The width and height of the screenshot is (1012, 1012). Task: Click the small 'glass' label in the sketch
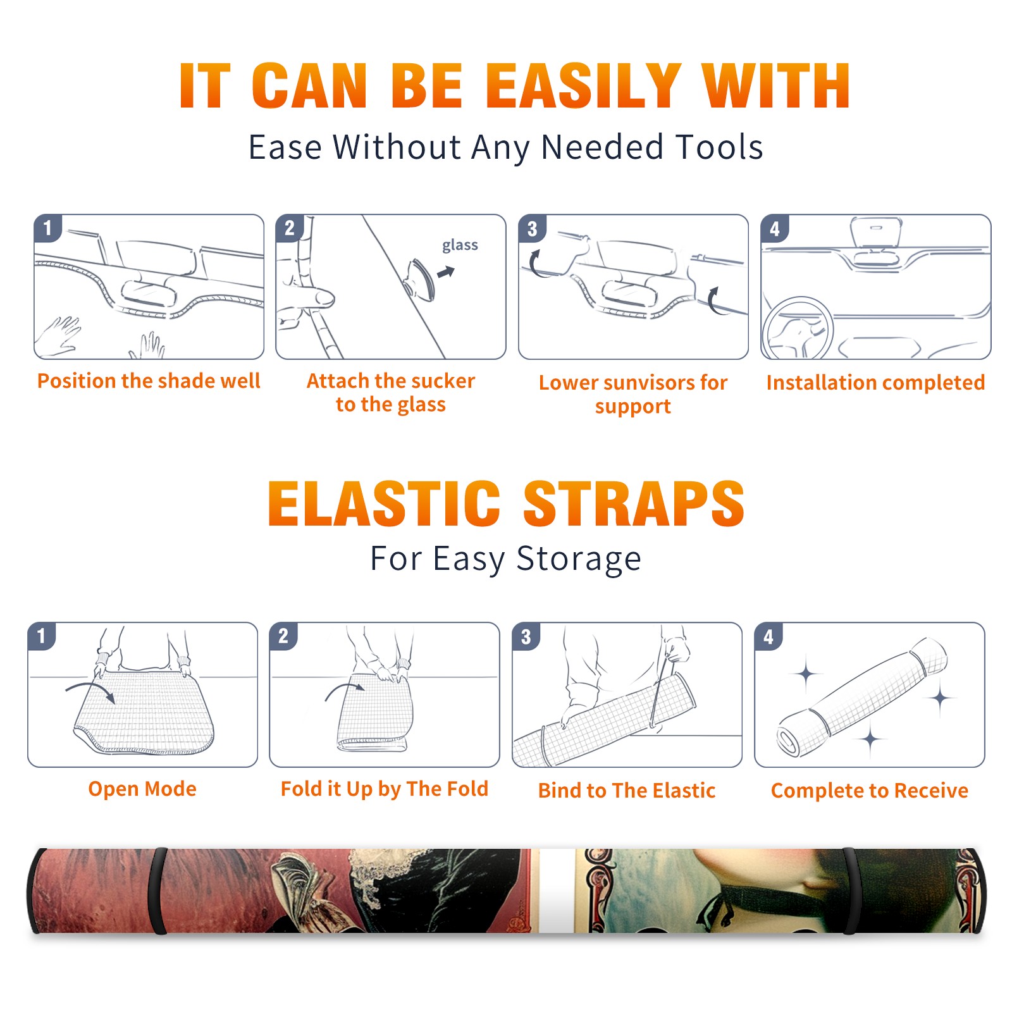point(460,245)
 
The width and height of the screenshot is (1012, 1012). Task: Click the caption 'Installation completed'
point(875,382)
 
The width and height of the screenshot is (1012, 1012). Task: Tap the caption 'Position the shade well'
point(149,381)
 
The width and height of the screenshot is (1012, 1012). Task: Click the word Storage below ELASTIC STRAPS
point(579,558)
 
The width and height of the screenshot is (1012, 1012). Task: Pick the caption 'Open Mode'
point(142,789)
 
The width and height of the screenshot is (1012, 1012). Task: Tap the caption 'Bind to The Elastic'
point(626,790)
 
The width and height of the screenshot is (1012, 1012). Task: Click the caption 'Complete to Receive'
point(870,790)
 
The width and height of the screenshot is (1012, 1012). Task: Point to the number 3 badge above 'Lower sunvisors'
point(532,228)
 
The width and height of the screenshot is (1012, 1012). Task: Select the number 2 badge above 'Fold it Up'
point(283,636)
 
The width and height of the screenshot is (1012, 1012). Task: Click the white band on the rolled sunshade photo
point(556,891)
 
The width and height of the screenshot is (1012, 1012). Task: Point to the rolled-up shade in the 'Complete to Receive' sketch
point(861,697)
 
